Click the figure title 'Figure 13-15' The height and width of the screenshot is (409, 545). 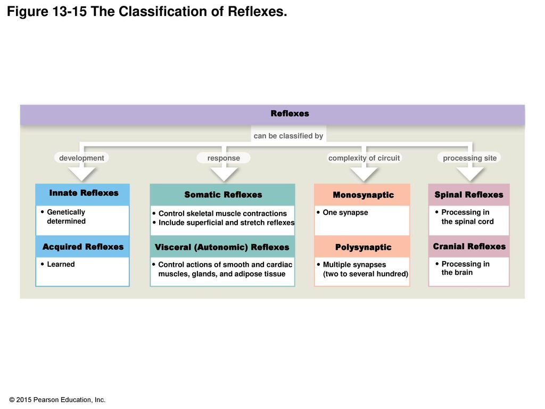click(x=47, y=12)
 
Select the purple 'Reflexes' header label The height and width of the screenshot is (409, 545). click(x=290, y=113)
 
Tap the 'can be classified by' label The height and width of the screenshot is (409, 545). click(x=288, y=136)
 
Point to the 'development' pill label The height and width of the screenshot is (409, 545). click(x=81, y=158)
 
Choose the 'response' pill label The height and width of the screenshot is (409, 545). click(x=224, y=158)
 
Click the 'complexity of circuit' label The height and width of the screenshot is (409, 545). click(x=364, y=158)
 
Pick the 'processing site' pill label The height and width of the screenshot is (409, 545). click(x=469, y=158)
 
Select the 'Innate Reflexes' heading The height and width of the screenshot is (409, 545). click(x=84, y=193)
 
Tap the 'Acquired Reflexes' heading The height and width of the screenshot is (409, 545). click(x=83, y=247)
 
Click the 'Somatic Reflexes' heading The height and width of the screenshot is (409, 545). click(x=223, y=195)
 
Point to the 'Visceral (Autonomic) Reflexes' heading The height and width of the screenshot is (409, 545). click(x=222, y=247)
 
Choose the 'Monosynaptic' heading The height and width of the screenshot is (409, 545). click(x=364, y=195)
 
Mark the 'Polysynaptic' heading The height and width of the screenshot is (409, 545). click(x=364, y=247)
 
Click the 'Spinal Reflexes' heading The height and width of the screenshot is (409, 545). click(x=469, y=195)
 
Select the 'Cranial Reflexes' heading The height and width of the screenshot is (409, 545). click(x=469, y=246)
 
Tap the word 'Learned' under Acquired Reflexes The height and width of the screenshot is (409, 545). click(x=61, y=264)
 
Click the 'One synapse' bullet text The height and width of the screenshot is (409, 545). click(x=345, y=212)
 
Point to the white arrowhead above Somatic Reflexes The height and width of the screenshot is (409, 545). click(x=224, y=175)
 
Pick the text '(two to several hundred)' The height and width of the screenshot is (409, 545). click(x=366, y=274)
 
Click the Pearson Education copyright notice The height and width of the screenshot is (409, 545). click(x=57, y=400)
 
